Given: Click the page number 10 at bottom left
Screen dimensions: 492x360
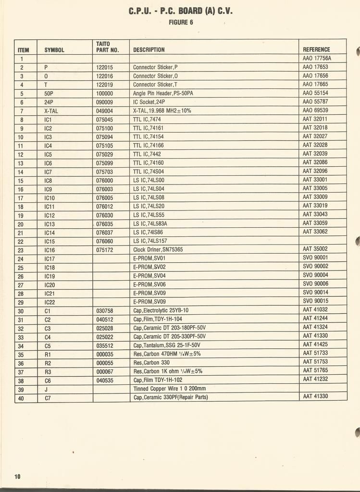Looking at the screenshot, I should pos(17,476).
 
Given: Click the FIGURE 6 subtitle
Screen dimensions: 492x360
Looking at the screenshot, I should pos(181,22).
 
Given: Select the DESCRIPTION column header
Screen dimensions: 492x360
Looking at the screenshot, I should pos(149,49).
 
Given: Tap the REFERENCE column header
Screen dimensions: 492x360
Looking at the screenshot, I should pos(316,49).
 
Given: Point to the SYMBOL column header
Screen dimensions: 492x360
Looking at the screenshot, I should pos(54,49).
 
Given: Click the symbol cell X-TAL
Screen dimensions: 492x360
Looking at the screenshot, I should pos(51,111).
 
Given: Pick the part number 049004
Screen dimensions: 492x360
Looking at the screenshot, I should pos(104,111).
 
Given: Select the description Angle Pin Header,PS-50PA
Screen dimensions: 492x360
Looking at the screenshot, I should pos(163,93).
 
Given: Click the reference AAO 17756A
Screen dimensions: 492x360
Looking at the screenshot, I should pos(317,58).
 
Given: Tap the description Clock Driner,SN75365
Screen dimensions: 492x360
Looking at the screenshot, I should pos(158,250).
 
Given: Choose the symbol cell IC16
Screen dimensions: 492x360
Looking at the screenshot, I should pos(50,250).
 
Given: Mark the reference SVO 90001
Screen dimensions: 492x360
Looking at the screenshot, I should pos(315,258).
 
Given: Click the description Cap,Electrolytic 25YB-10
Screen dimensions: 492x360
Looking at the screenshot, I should pos(161,310).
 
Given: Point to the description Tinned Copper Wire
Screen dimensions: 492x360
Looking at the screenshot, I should pos(169,389).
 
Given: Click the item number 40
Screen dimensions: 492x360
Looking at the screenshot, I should pos(21,398).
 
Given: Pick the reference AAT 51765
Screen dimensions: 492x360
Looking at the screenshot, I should pos(315,370).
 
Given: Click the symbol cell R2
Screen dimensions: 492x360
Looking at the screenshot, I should pos(48,363).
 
